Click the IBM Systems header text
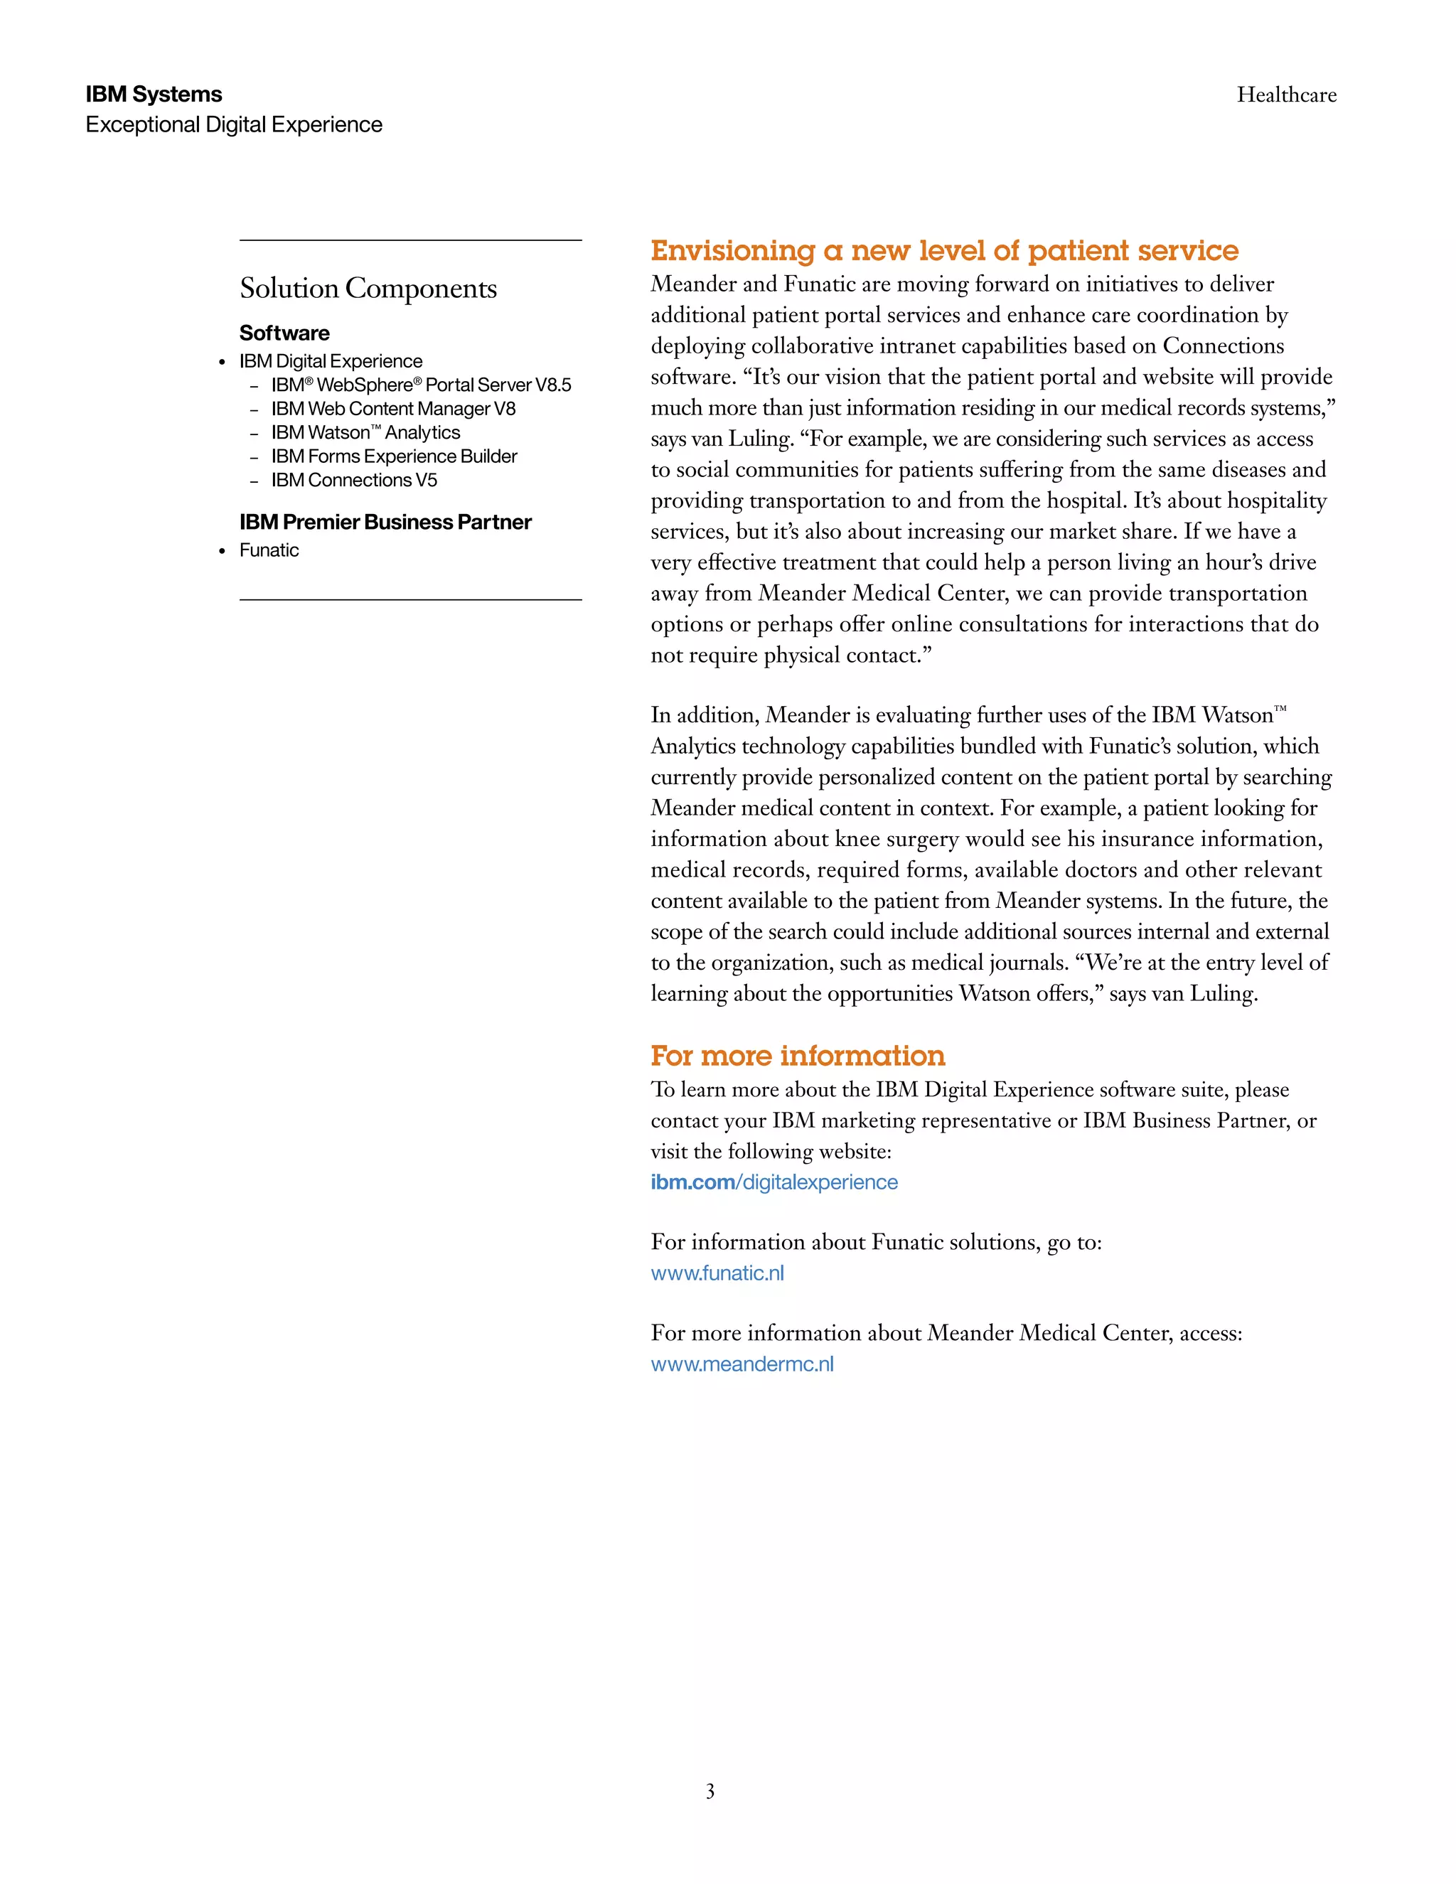click(x=154, y=94)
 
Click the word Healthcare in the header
click(x=1286, y=95)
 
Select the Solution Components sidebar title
click(x=368, y=288)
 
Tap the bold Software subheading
click(x=284, y=333)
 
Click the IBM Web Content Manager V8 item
click(x=393, y=409)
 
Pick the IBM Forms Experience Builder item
click(x=394, y=456)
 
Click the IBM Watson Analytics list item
click(x=365, y=433)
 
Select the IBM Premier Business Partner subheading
click(x=385, y=522)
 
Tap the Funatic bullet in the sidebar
click(x=269, y=550)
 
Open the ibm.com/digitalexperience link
click(x=773, y=1183)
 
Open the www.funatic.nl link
click(x=717, y=1273)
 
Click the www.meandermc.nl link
click(x=742, y=1365)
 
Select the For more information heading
click(x=798, y=1056)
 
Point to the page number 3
click(x=710, y=1792)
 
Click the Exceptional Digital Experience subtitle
click(x=234, y=125)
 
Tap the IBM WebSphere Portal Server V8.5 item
click(x=421, y=385)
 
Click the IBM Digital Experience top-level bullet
click(x=331, y=361)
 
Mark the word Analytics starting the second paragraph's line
click(x=692, y=746)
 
